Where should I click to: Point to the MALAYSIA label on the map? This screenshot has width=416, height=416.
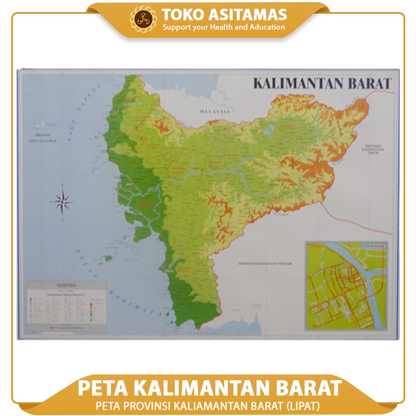click(x=215, y=112)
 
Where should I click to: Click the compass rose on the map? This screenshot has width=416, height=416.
click(x=62, y=202)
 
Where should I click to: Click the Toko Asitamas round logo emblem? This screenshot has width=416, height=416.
click(x=144, y=19)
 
